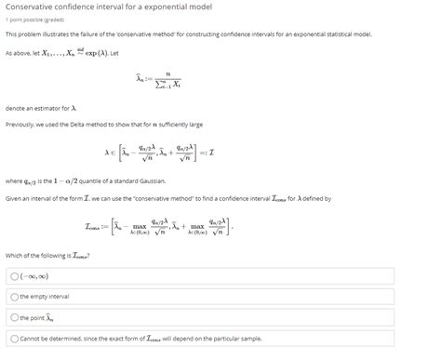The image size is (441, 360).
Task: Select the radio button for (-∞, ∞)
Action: click(x=14, y=276)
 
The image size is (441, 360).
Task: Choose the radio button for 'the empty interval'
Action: click(x=14, y=296)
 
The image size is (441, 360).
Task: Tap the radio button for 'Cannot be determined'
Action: click(x=14, y=339)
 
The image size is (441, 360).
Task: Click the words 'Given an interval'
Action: click(x=31, y=198)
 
